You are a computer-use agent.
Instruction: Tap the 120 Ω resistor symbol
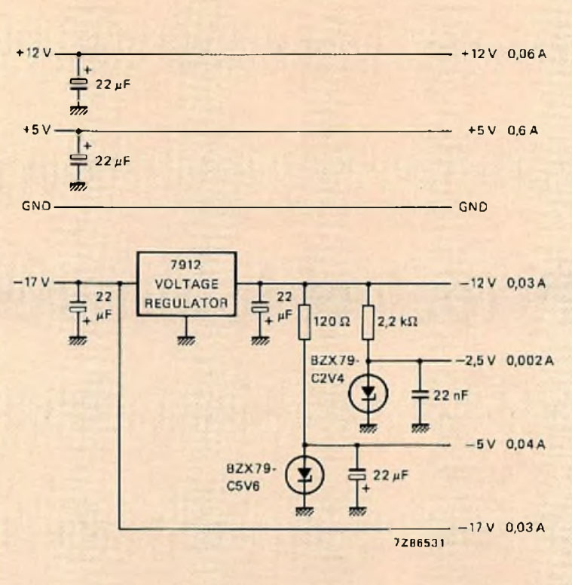tap(304, 320)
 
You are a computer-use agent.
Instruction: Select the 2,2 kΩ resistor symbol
tap(369, 320)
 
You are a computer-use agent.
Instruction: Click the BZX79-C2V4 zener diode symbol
tap(369, 391)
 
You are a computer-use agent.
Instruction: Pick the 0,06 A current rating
tap(527, 54)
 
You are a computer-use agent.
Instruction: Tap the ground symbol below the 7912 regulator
tap(185, 340)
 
